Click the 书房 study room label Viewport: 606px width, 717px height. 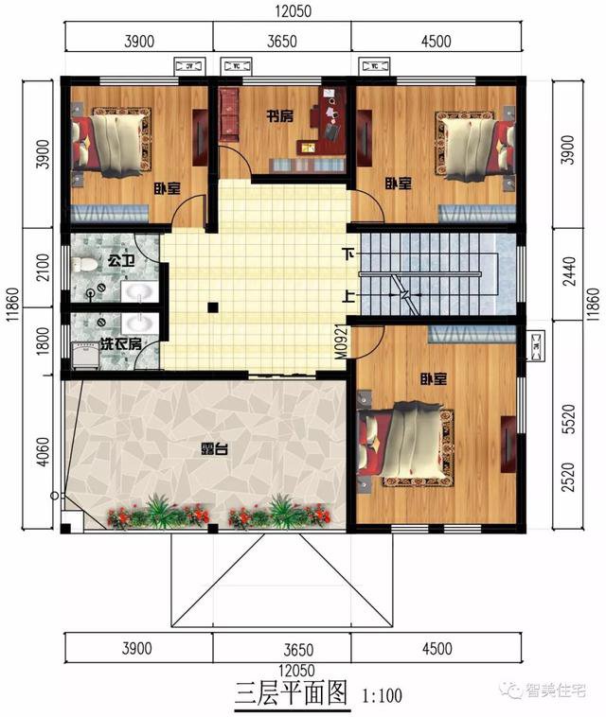coord(278,117)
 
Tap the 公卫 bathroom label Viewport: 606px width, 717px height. coord(120,258)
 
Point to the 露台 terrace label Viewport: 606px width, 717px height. coord(212,448)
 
